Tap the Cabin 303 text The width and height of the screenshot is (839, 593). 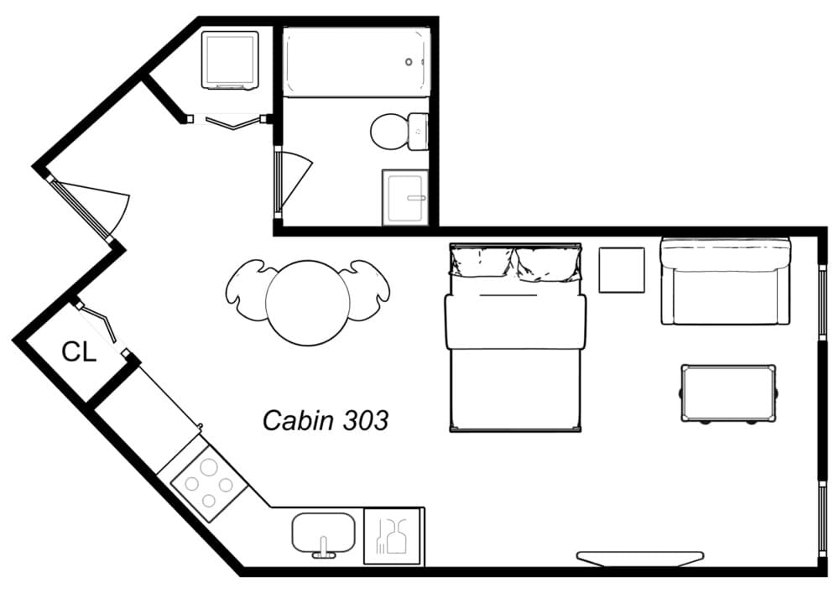[326, 419]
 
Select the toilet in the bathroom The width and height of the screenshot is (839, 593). [391, 132]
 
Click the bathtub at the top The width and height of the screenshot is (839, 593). [356, 62]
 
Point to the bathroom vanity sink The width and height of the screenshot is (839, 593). [406, 198]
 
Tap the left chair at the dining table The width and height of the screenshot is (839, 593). [247, 290]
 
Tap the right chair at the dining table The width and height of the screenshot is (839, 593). [368, 290]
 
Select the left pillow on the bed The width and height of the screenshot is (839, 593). [482, 263]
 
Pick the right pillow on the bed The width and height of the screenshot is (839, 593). [549, 263]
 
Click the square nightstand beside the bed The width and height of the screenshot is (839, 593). [622, 269]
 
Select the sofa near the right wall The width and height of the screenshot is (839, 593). [726, 282]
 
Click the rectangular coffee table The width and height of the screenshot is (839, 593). [727, 393]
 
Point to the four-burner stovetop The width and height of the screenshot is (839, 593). [209, 484]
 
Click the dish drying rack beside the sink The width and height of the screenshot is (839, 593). [392, 535]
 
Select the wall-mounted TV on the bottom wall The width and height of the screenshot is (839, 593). [639, 558]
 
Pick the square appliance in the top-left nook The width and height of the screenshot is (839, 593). [229, 59]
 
